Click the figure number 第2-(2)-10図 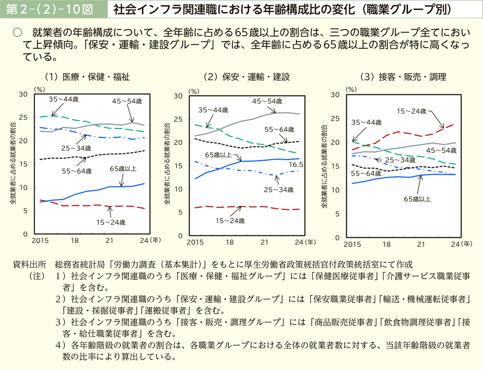click(x=51, y=9)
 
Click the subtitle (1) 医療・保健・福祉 click(x=87, y=77)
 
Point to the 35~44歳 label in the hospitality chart click(x=367, y=122)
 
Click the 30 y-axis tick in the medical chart click(x=23, y=94)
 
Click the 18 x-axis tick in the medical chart click(x=75, y=241)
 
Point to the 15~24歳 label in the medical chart click(x=111, y=222)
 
